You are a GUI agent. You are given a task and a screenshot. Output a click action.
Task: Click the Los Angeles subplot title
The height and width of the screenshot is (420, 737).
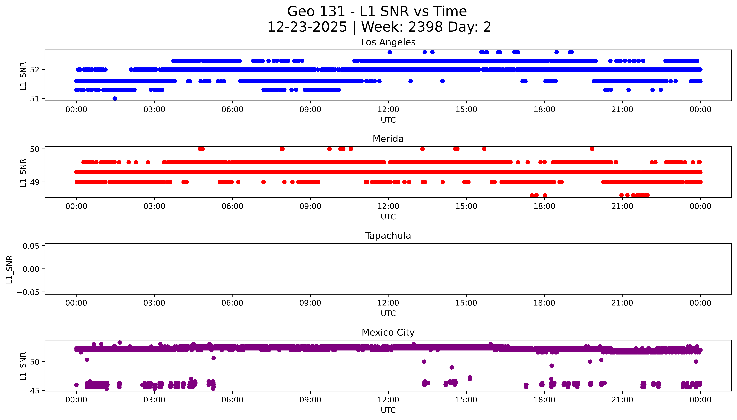[x=388, y=42]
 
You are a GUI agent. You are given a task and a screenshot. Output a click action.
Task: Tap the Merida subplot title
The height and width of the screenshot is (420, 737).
[x=388, y=139]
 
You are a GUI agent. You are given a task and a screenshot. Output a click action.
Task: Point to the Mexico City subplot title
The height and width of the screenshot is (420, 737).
[x=388, y=333]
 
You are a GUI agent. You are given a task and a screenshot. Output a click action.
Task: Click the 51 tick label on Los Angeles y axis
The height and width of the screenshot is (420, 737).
[x=35, y=99]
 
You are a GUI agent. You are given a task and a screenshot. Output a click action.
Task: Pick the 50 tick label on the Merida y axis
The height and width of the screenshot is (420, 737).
[x=35, y=149]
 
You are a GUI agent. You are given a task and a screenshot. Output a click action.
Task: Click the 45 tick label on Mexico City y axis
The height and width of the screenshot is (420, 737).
[x=35, y=391]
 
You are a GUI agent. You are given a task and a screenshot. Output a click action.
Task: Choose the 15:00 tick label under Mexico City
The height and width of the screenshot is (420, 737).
[x=466, y=400]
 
